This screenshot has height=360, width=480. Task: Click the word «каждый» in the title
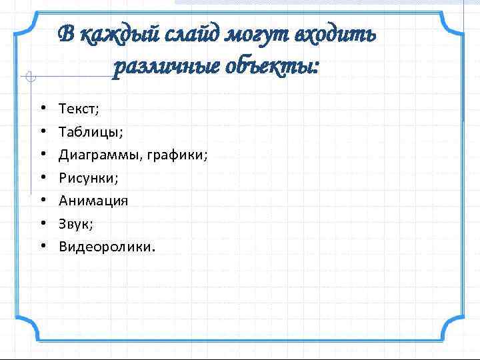point(111,34)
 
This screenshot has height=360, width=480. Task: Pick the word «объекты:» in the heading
point(275,67)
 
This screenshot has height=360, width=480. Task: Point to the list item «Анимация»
point(93,201)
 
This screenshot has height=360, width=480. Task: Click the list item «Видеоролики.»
point(107,247)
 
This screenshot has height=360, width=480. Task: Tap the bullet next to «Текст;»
point(42,107)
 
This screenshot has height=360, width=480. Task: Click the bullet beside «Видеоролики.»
point(42,247)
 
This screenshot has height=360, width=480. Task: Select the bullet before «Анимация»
point(42,201)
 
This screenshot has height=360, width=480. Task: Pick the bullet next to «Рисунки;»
point(42,178)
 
